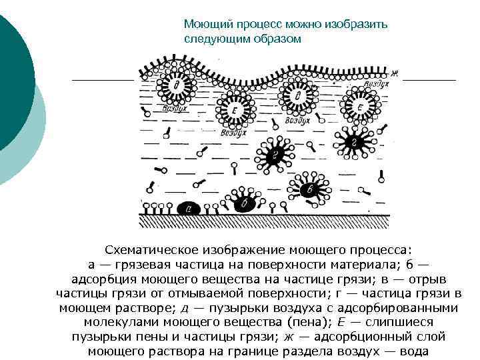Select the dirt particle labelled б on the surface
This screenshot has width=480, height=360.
(245, 203)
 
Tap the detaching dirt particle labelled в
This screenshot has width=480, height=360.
(309, 190)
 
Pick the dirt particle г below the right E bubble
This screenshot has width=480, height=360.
(355, 142)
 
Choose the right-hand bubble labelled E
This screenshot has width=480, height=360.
(360, 107)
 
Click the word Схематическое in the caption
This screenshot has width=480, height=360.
(163, 250)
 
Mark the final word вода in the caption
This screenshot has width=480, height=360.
(411, 351)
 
